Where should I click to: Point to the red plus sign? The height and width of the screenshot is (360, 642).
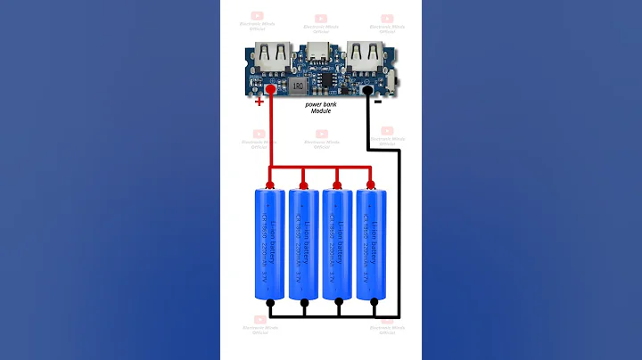tap(259, 102)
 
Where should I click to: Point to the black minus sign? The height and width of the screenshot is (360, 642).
tap(378, 101)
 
